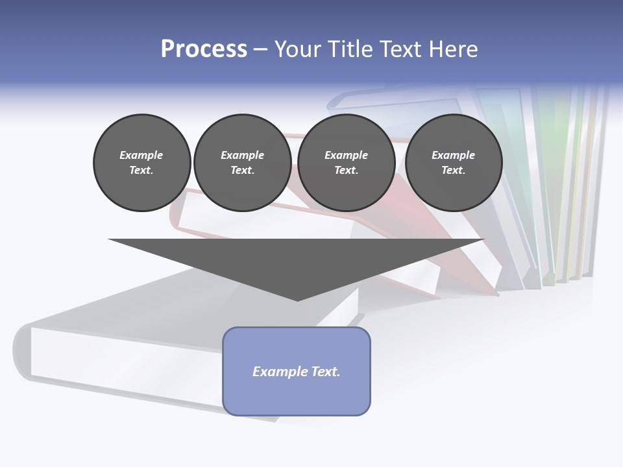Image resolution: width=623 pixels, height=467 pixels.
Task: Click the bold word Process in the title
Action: pyautogui.click(x=204, y=49)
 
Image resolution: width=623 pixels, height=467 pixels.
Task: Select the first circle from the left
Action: pyautogui.click(x=141, y=162)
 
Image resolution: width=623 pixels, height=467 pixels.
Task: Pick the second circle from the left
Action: pyautogui.click(x=242, y=162)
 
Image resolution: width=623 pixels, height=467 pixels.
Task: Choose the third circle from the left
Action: pyautogui.click(x=346, y=162)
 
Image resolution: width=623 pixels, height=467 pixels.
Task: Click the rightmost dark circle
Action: pyautogui.click(x=453, y=162)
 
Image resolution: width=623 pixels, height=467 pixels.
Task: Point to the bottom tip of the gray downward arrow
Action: pyautogui.click(x=297, y=300)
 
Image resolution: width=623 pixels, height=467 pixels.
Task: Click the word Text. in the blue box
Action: pyautogui.click(x=326, y=372)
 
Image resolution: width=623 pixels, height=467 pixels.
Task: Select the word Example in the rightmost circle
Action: pyautogui.click(x=453, y=155)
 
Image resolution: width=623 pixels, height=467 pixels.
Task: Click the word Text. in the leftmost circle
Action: pyautogui.click(x=141, y=171)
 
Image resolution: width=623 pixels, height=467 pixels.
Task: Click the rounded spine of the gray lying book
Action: pyautogui.click(x=21, y=350)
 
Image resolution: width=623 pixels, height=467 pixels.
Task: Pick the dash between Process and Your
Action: pyautogui.click(x=261, y=49)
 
